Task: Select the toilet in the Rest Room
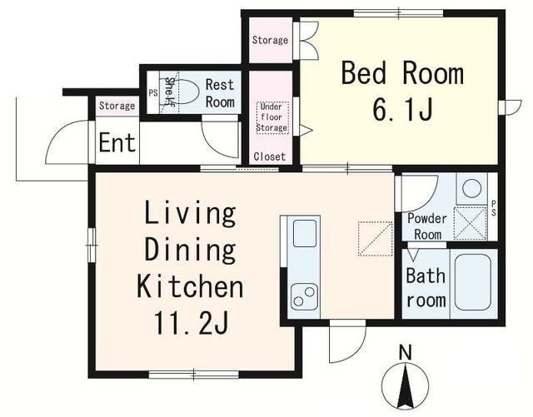(187, 92)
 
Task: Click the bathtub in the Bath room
(472, 283)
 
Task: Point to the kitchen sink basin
(305, 233)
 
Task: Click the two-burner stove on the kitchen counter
(304, 296)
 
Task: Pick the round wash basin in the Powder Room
(472, 188)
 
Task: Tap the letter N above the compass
(405, 352)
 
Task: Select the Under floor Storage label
(272, 117)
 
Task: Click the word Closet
(270, 156)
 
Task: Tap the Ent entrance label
(117, 142)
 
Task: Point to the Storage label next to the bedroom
(270, 40)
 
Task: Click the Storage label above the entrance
(117, 106)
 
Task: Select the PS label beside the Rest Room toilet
(153, 92)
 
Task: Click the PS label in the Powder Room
(493, 208)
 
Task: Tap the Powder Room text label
(427, 226)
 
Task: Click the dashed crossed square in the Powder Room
(471, 222)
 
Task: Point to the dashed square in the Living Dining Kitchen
(376, 239)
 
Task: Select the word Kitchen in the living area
(190, 287)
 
